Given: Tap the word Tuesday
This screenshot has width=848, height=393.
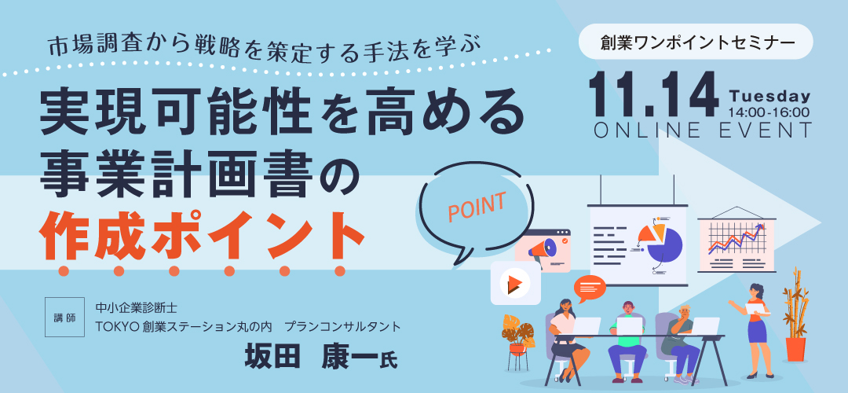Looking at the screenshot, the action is click(769, 97).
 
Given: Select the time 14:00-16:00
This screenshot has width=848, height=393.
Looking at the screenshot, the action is click(769, 112).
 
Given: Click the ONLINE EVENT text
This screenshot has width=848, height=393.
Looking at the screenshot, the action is click(703, 131).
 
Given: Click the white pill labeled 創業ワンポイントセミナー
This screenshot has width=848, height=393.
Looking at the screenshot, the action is click(696, 42).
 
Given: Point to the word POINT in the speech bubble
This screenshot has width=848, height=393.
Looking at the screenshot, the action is click(477, 207).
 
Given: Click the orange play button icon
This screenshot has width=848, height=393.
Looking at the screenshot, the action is click(515, 283).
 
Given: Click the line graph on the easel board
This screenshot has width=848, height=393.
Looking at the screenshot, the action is click(737, 238).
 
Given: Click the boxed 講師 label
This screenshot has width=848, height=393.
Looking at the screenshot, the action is click(64, 318).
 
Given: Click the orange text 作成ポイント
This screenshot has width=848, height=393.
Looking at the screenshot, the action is click(202, 234).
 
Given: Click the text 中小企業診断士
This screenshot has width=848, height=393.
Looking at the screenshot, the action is click(135, 309).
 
